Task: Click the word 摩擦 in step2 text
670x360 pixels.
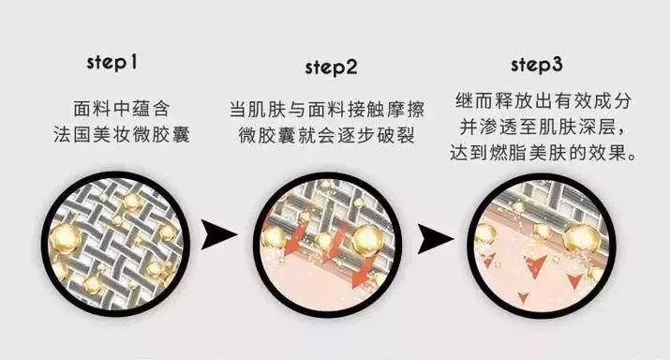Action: tap(413, 109)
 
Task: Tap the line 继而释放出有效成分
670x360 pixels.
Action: tap(537, 101)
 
